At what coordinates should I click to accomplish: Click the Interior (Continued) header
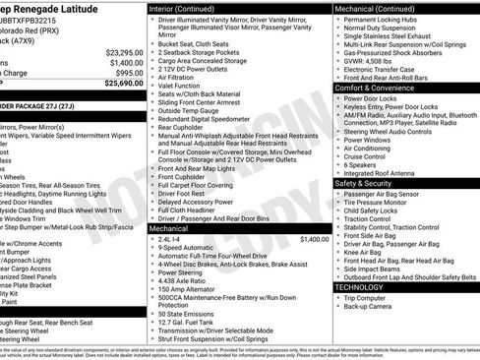[183, 7]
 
